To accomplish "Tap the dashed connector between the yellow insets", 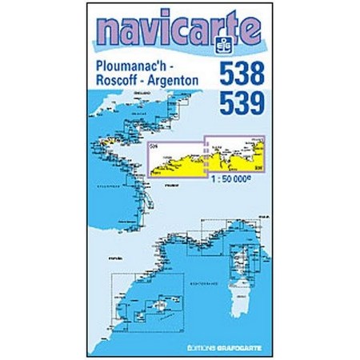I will pyautogui.click(x=206, y=156).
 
